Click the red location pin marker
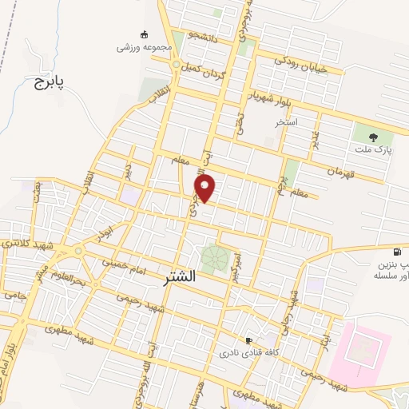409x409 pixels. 206,189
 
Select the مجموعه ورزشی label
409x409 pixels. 145,47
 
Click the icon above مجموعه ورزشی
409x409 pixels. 144,34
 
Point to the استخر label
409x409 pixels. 286,122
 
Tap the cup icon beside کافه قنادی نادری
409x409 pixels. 248,340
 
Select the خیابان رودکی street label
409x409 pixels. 302,62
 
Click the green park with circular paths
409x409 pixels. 213,258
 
